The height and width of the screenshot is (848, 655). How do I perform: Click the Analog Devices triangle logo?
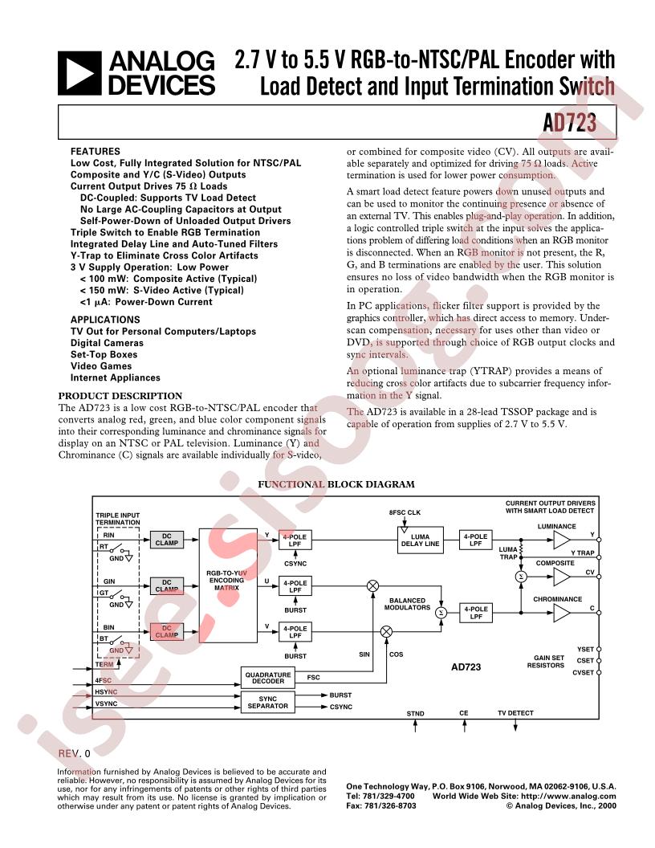click(x=79, y=74)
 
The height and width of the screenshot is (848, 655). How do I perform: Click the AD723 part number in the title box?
click(x=570, y=123)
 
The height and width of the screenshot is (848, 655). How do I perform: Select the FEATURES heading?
click(x=95, y=152)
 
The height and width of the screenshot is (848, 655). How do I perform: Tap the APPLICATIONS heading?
click(x=105, y=320)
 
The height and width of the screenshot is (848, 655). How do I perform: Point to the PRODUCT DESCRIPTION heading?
click(x=120, y=395)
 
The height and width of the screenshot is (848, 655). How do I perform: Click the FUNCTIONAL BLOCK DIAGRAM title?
click(x=336, y=484)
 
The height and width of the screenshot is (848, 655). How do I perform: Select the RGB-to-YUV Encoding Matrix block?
click(x=228, y=585)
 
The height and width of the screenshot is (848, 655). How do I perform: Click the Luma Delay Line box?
click(x=420, y=540)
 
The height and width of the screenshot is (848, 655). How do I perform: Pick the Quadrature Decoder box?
click(x=267, y=678)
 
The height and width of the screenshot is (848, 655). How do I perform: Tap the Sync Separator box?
click(x=267, y=703)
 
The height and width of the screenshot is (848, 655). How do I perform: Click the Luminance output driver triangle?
click(x=562, y=539)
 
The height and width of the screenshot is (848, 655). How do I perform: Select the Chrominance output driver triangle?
click(x=562, y=613)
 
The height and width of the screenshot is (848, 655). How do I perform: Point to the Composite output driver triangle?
click(x=562, y=577)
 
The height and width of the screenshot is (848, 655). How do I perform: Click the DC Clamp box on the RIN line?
click(x=166, y=540)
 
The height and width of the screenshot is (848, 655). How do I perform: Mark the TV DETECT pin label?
click(x=515, y=713)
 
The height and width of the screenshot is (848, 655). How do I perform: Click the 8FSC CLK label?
click(x=405, y=512)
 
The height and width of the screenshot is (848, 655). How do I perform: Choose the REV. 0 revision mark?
click(x=75, y=753)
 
